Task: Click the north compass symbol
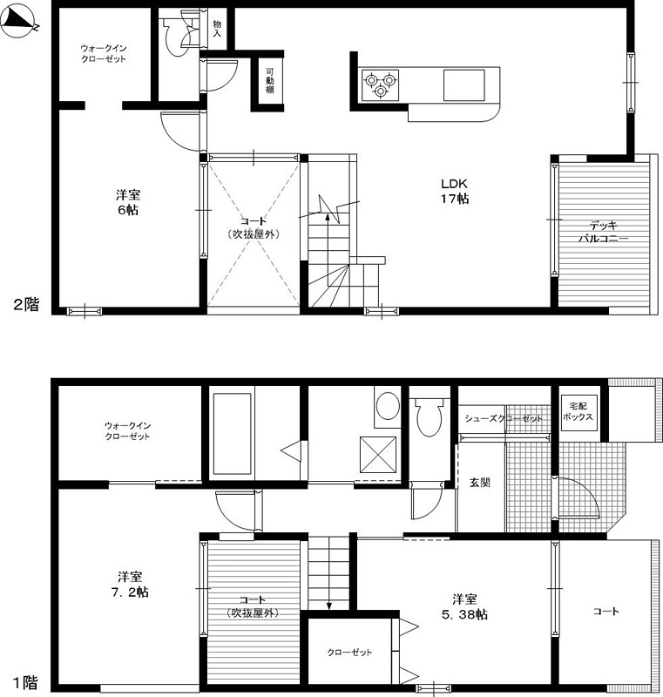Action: [19, 21]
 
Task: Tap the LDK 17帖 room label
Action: [454, 191]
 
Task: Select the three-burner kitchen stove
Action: [380, 85]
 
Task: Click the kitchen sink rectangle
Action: [463, 85]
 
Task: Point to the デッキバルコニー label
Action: [603, 232]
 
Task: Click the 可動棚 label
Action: [270, 80]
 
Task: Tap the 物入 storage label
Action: [217, 28]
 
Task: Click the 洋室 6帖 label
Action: [128, 202]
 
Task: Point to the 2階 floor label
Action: [26, 304]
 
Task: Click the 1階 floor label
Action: [25, 682]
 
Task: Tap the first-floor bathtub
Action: [232, 433]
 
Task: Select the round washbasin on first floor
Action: [388, 405]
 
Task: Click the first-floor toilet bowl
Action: [429, 417]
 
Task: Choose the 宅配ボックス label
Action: [578, 411]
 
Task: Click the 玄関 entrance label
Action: [480, 483]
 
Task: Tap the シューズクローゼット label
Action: [504, 418]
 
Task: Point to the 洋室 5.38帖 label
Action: [464, 606]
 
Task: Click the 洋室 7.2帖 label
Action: [130, 585]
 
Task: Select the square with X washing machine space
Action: [378, 455]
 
